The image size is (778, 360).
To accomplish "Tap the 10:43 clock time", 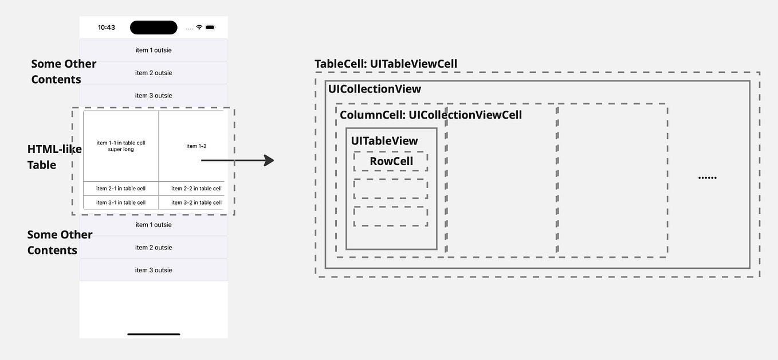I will (x=107, y=28).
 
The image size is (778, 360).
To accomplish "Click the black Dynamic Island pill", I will (x=154, y=28).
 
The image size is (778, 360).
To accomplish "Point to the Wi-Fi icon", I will (x=199, y=28).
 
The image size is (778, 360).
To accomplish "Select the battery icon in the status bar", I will (x=210, y=28).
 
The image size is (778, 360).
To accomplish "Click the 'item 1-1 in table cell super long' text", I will (x=121, y=146).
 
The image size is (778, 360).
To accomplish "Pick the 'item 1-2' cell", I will (x=196, y=146).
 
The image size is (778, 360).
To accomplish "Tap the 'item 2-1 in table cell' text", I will (x=121, y=189).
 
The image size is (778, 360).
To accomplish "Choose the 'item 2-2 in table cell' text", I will (x=197, y=189).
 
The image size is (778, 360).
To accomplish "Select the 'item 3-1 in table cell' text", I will (x=121, y=202).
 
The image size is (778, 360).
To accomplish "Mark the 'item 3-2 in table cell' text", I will (x=197, y=202).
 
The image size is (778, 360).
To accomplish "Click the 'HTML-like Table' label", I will (x=54, y=157).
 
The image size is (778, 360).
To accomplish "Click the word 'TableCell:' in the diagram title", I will (x=340, y=64).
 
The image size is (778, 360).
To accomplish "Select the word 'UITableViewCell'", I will (x=414, y=64).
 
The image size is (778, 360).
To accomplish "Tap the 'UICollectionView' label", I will (x=375, y=89).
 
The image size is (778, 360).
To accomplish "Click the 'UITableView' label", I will (x=384, y=141).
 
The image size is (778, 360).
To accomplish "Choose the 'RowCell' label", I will (x=391, y=161).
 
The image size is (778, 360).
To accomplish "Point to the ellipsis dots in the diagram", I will (x=708, y=178).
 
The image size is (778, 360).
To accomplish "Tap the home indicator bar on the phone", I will (x=154, y=334).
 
